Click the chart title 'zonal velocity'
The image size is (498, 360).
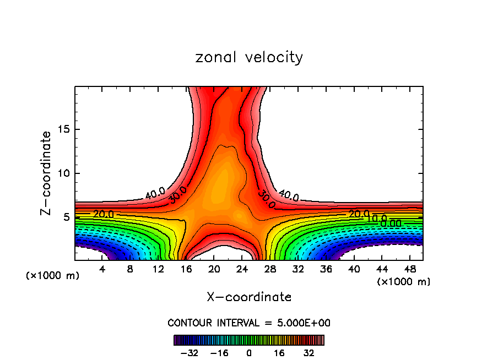249,57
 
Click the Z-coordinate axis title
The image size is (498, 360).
47,173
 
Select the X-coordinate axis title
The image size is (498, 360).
249,297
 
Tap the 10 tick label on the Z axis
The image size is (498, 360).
63,173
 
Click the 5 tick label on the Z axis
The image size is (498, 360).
66,217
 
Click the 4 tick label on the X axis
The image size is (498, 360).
102,270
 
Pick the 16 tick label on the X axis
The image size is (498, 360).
186,270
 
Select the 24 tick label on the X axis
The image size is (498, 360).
242,270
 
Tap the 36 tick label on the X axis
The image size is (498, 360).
326,270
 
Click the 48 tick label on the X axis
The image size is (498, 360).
409,270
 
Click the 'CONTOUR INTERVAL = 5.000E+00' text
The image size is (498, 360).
249,323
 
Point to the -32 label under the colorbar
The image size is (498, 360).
190,353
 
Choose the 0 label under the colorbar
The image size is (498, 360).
249,353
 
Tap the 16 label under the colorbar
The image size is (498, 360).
279,353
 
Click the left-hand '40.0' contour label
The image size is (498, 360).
155,193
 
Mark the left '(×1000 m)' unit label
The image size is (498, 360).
53,276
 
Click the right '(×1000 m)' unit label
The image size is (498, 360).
404,282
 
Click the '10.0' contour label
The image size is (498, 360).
377,219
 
